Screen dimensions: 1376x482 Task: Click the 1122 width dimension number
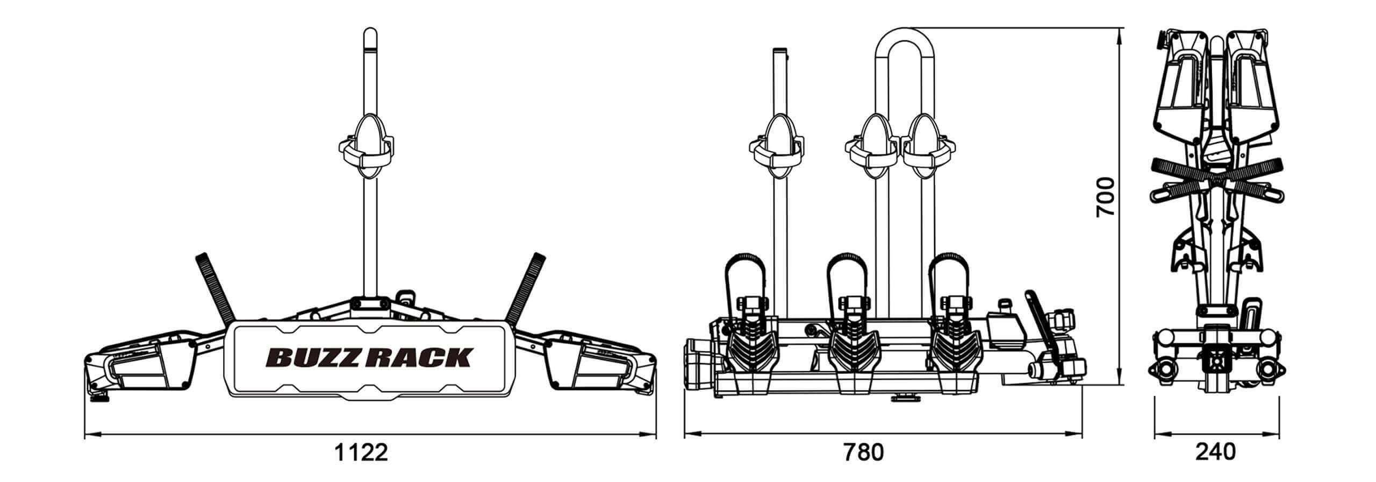click(x=361, y=453)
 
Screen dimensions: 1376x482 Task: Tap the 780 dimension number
click(x=863, y=453)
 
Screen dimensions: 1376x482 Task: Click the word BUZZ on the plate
click(x=314, y=357)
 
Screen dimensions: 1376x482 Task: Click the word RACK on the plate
click(x=420, y=357)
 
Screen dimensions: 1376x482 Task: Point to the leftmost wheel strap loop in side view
click(x=746, y=280)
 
